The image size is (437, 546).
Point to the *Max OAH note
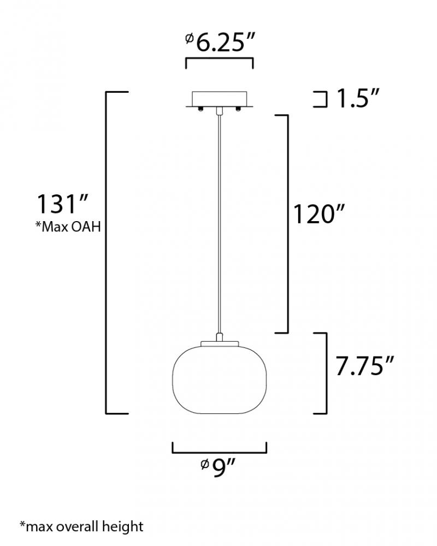click(x=68, y=227)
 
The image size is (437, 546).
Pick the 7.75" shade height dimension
click(x=364, y=366)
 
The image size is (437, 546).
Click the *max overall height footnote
click(x=81, y=526)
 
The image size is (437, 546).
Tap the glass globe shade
click(x=220, y=377)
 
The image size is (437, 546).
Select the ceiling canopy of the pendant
click(x=219, y=99)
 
